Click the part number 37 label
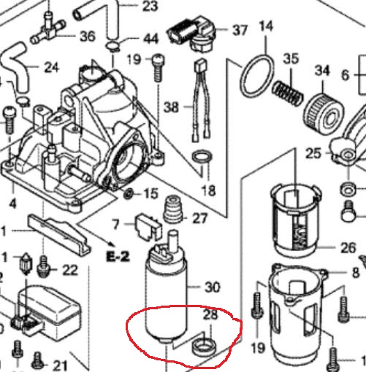240,31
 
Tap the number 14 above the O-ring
266,26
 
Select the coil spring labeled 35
288,93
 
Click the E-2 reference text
118,257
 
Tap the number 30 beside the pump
213,287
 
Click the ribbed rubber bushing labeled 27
173,209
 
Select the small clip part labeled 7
148,227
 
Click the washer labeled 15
128,193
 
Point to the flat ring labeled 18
202,157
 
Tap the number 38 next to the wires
171,107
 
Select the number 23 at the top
150,7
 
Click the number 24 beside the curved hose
52,67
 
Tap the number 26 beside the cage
348,248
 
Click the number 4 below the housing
12,204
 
